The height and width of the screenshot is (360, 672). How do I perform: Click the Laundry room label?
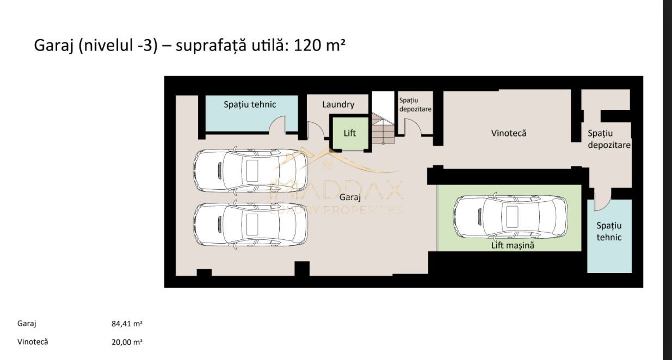(338, 104)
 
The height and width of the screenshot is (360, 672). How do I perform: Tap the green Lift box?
(349, 133)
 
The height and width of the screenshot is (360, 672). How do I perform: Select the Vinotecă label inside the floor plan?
(508, 133)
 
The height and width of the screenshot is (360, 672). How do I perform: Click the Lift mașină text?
(512, 245)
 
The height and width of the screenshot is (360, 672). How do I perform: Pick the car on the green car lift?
(510, 216)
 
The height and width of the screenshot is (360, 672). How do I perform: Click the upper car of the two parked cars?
(250, 170)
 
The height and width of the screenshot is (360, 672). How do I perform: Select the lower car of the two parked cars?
(250, 225)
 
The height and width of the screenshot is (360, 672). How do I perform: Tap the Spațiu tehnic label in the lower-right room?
(608, 231)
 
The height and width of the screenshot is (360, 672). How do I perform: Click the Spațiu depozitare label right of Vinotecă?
(608, 139)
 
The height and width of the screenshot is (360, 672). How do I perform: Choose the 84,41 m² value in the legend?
(127, 324)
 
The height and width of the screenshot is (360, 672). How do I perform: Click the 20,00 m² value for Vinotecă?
(127, 342)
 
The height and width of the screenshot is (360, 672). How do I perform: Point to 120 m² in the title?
(319, 45)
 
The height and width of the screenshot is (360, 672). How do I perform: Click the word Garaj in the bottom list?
(27, 324)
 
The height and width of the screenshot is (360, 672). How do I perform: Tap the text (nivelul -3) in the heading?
(118, 45)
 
